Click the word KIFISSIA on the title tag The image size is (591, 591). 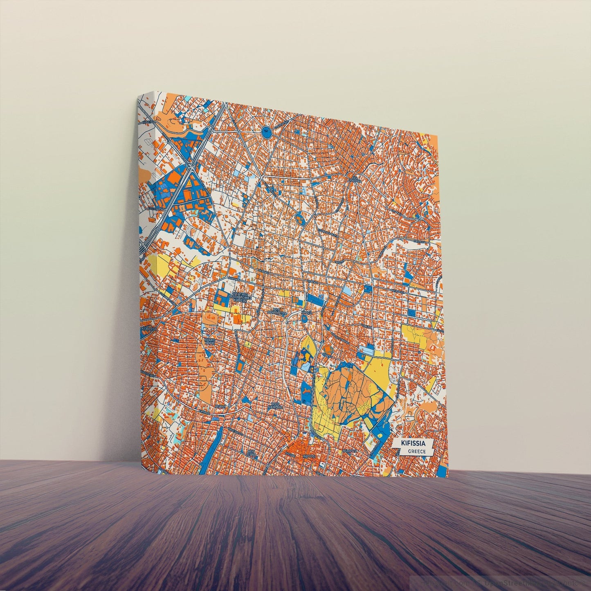tap(413, 443)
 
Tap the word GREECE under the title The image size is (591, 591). tap(416, 452)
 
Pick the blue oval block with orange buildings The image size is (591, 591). tap(301, 218)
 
